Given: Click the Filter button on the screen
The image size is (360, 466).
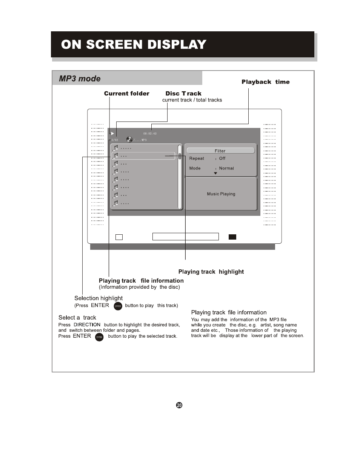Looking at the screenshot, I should (220, 151).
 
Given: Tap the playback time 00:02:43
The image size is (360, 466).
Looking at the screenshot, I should (150, 134).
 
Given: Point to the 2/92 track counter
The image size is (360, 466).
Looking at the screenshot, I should (115, 140).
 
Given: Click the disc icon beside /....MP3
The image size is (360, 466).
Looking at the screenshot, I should (129, 140).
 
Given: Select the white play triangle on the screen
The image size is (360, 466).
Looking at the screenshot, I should (112, 134).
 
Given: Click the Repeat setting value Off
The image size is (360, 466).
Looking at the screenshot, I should (222, 158).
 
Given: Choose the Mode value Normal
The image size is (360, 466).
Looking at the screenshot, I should (226, 168).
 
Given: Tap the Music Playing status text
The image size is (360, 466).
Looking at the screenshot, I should (221, 194).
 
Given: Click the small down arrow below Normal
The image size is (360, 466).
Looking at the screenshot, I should (215, 173).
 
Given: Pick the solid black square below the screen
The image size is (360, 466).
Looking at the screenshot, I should (232, 237).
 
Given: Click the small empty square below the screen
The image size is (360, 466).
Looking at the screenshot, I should (119, 237).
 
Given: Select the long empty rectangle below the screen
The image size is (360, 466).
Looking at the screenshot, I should (185, 237).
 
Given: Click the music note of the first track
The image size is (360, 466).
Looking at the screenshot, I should (116, 148).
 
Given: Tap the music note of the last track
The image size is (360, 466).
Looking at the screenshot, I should (116, 203).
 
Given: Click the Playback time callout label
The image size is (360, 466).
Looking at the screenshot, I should (266, 82).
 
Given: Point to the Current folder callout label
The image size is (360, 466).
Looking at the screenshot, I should (127, 94).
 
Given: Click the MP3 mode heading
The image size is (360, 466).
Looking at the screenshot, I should (80, 78).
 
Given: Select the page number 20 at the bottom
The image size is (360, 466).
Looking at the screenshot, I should (179, 405).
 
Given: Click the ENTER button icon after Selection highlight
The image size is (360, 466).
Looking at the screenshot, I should (118, 306).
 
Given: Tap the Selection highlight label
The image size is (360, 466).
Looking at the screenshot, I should (98, 298).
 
